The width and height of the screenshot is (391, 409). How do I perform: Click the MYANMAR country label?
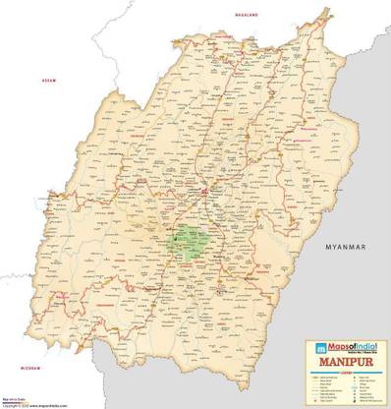point(346,243)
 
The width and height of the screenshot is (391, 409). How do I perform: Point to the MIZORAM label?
point(33,368)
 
